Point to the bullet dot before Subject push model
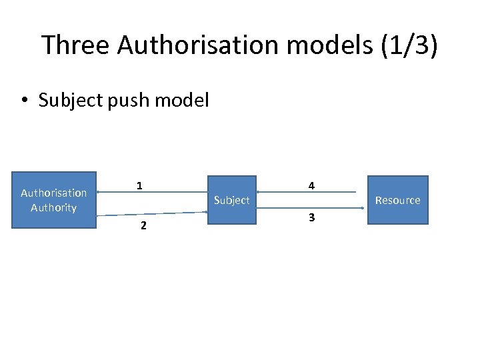(24, 101)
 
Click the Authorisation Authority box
(54, 200)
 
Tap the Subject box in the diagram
(232, 201)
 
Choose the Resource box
(397, 201)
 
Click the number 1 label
(139, 186)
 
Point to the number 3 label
(311, 217)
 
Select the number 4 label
(311, 186)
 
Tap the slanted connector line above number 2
(152, 214)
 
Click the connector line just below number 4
(307, 193)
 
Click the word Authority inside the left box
(54, 208)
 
